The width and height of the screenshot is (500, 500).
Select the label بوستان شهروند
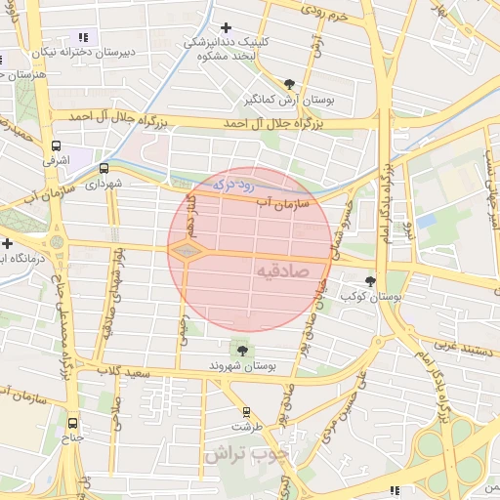pyautogui.click(x=241, y=365)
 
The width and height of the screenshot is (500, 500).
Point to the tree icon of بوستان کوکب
pyautogui.click(x=370, y=281)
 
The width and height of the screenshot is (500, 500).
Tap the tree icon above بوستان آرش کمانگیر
pyautogui.click(x=288, y=85)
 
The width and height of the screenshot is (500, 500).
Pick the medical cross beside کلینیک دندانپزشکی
pyautogui.click(x=227, y=27)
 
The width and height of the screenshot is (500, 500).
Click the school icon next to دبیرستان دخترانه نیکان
pyautogui.click(x=81, y=37)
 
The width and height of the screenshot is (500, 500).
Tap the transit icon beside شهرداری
pyautogui.click(x=104, y=168)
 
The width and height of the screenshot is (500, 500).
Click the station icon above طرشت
pyautogui.click(x=245, y=412)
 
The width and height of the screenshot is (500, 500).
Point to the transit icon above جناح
pyautogui.click(x=72, y=423)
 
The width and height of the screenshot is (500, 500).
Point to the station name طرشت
pyautogui.click(x=246, y=427)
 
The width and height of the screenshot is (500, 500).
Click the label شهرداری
pyautogui.click(x=102, y=183)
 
